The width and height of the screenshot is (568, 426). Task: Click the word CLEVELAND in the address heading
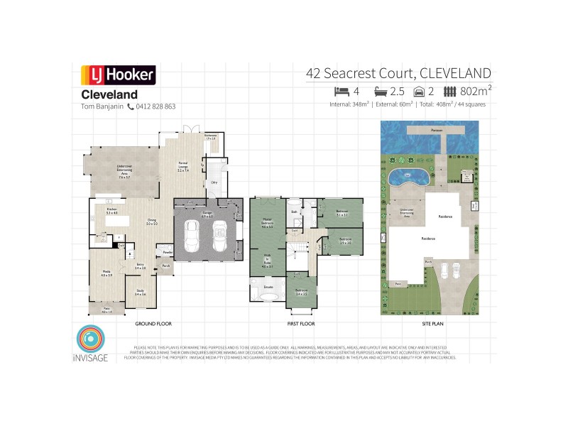[455, 73]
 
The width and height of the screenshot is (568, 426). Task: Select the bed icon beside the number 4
[343, 91]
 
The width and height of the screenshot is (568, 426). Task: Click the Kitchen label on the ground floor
[111, 211]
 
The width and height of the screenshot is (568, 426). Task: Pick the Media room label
[106, 274]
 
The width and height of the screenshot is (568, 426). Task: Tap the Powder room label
[168, 252]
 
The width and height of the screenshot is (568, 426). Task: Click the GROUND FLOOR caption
[154, 324]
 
